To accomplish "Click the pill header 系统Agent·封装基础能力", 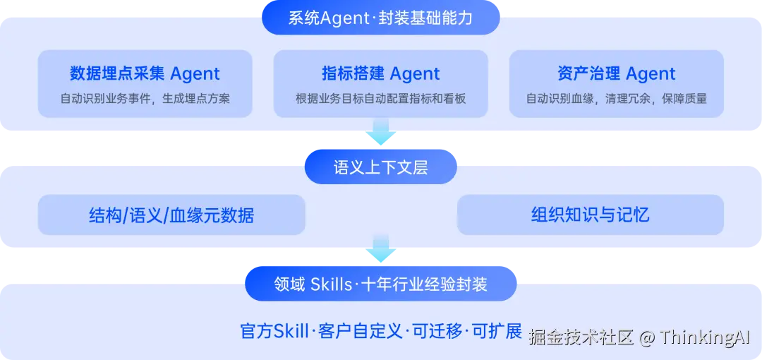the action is (x=380, y=18).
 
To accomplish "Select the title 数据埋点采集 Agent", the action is (x=145, y=73).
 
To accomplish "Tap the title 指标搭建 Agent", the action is (x=380, y=73).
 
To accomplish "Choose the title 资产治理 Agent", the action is (x=616, y=73).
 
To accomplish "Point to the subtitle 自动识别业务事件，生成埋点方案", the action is (x=145, y=99).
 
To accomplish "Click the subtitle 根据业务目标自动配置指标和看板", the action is (x=380, y=99).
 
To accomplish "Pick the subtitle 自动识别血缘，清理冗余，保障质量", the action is (x=616, y=99).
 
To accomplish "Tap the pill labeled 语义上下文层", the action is (x=380, y=167).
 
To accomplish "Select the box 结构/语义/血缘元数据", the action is (x=171, y=215).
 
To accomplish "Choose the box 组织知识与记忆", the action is (x=590, y=215).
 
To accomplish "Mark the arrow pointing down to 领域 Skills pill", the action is (x=380, y=249).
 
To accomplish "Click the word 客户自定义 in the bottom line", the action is (x=360, y=330).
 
